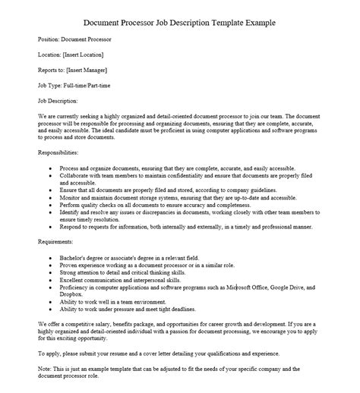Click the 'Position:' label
[51, 39]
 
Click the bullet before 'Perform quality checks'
[51, 205]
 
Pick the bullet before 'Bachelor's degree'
[51, 257]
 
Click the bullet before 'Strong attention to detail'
[51, 272]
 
